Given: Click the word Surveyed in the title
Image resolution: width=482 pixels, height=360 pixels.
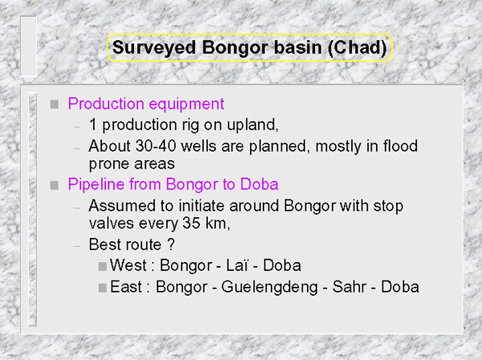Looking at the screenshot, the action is tap(154, 48).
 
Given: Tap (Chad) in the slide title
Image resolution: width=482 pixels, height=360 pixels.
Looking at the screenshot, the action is tap(357, 48).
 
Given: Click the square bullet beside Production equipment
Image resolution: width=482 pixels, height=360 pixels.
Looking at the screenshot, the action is tap(55, 104).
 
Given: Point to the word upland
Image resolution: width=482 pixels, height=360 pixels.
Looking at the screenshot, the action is tap(252, 125).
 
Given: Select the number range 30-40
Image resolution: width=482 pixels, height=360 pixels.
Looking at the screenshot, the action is tap(156, 145).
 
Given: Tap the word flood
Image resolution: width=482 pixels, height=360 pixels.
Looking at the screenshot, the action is tap(400, 145).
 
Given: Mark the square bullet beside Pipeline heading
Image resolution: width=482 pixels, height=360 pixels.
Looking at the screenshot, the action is tap(55, 185).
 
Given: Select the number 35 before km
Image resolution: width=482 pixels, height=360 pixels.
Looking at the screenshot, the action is tap(191, 223).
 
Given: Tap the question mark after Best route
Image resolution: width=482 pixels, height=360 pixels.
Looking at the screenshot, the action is tap(171, 244).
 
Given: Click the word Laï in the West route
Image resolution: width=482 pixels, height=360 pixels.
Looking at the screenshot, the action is tap(237, 265).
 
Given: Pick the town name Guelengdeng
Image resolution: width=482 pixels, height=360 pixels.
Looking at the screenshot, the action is tap(269, 288).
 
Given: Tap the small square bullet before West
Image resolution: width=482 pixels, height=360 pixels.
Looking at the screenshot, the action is tap(102, 266).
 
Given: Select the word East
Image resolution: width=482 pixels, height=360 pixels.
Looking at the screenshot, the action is tap(126, 287).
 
